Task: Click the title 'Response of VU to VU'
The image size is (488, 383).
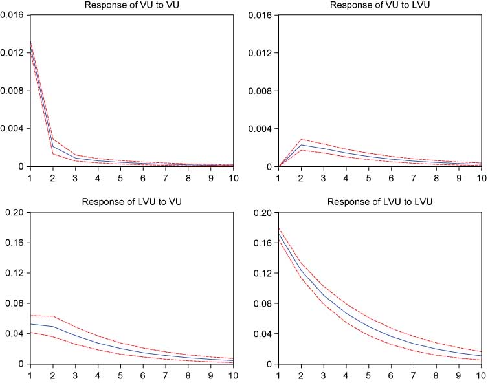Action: (x=131, y=5)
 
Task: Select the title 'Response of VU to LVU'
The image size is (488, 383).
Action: (x=380, y=5)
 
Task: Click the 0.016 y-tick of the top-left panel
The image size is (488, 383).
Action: (x=12, y=15)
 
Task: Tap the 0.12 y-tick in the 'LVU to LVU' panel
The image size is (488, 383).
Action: (x=263, y=273)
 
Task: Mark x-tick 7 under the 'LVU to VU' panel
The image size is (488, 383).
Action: (x=165, y=375)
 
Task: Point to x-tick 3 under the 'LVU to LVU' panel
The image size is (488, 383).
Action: (x=324, y=375)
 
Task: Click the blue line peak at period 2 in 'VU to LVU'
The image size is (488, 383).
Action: (x=301, y=145)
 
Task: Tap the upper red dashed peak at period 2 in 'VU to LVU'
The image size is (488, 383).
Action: (x=301, y=139)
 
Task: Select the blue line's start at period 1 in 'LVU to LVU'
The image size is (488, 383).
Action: (x=278, y=235)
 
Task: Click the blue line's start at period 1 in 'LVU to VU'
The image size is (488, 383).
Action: (x=30, y=324)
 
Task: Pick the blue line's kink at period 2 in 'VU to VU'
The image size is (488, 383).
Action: (x=52, y=147)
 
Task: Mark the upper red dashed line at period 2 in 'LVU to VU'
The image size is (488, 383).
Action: (x=52, y=316)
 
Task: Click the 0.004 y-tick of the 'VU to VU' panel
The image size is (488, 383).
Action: (x=12, y=129)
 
